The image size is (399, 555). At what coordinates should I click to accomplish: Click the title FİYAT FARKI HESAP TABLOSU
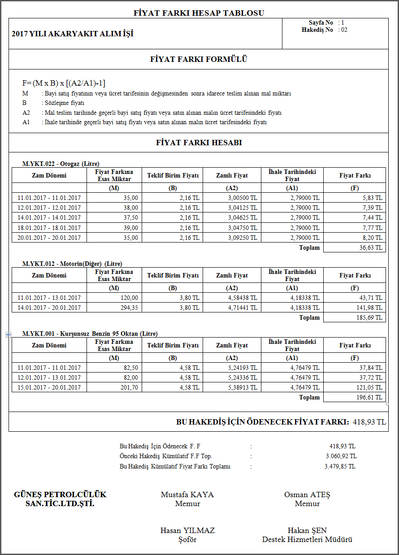pyautogui.click(x=199, y=13)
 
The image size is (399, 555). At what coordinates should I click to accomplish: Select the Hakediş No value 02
pyautogui.click(x=343, y=30)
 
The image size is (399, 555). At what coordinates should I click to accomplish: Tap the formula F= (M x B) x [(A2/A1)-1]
pyautogui.click(x=64, y=83)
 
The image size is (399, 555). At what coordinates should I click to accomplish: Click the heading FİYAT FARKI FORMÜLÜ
pyautogui.click(x=199, y=59)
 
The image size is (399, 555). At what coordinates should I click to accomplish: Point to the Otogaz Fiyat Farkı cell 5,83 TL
pyautogui.click(x=372, y=198)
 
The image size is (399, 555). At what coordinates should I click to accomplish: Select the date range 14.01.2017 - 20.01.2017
pyautogui.click(x=49, y=308)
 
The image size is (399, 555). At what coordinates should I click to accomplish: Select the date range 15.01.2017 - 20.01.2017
pyautogui.click(x=49, y=387)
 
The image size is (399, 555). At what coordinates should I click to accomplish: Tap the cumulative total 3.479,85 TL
pyautogui.click(x=340, y=466)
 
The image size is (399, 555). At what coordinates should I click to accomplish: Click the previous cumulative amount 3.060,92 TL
pyautogui.click(x=341, y=456)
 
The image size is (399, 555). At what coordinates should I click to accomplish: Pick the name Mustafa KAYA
pyautogui.click(x=187, y=495)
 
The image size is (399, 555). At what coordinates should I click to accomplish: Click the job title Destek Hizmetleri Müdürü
pyautogui.click(x=307, y=539)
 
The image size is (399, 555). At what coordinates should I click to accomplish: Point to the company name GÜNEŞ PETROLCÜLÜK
pyautogui.click(x=60, y=495)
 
